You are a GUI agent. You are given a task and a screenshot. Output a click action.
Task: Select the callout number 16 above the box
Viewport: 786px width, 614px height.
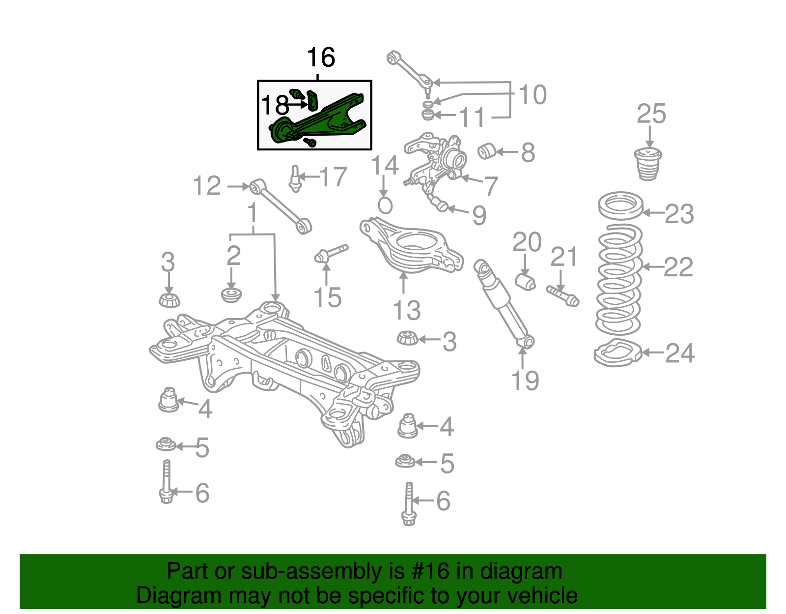[321, 58]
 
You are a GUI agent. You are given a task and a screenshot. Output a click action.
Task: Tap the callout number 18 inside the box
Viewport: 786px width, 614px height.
[275, 105]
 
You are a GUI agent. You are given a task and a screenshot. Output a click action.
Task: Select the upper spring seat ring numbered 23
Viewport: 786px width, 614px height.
[621, 206]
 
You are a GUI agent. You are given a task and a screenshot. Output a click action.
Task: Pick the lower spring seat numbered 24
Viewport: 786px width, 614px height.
[618, 353]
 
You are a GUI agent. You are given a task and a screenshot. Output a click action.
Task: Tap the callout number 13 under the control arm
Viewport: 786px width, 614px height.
[407, 311]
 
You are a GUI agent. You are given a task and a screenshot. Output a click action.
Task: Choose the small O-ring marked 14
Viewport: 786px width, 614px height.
[385, 205]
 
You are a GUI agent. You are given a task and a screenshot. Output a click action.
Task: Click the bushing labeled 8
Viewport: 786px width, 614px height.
[487, 151]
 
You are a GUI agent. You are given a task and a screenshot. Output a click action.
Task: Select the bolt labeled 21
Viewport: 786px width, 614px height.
[563, 295]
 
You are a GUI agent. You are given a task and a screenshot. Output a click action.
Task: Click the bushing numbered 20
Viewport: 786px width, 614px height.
[526, 282]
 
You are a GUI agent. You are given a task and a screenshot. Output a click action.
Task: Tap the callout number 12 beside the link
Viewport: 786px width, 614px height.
[207, 186]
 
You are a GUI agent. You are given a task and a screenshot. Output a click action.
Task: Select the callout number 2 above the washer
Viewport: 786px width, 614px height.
[234, 256]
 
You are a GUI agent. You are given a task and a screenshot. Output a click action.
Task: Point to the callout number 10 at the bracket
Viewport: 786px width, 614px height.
[533, 95]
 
